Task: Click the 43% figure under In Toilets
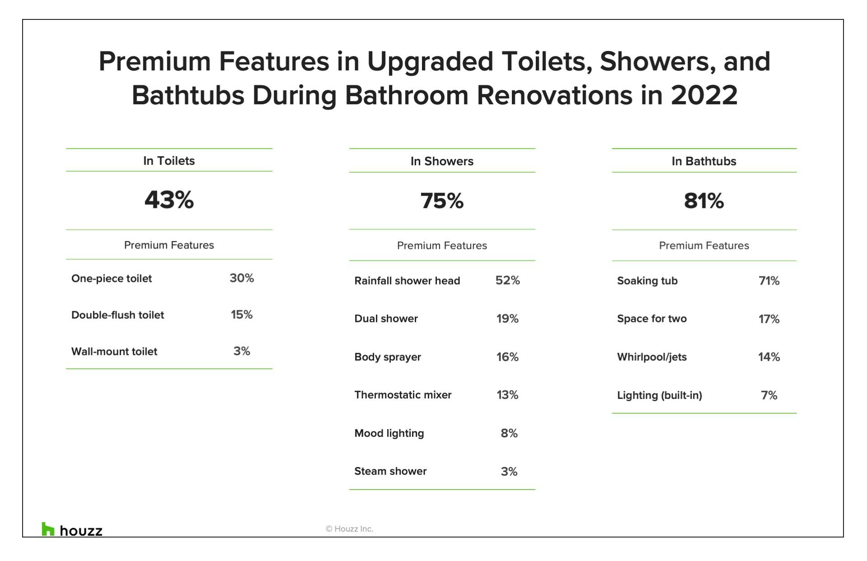pyautogui.click(x=169, y=200)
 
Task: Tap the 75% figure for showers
pyautogui.click(x=442, y=201)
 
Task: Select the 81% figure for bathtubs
pyautogui.click(x=703, y=201)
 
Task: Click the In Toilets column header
pyautogui.click(x=169, y=161)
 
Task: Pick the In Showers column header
pyautogui.click(x=442, y=161)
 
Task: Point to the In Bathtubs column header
pyautogui.click(x=703, y=161)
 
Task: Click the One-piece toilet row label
pyautogui.click(x=112, y=279)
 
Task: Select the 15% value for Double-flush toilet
pyautogui.click(x=242, y=315)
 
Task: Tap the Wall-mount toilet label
pyautogui.click(x=114, y=351)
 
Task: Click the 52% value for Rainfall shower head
pyautogui.click(x=507, y=280)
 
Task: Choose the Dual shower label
pyautogui.click(x=386, y=319)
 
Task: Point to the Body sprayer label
pyautogui.click(x=387, y=357)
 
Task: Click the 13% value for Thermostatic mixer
pyautogui.click(x=507, y=395)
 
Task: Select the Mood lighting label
pyautogui.click(x=389, y=433)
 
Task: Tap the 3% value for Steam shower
pyautogui.click(x=509, y=472)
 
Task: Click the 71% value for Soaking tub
pyautogui.click(x=769, y=281)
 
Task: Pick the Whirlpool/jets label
pyautogui.click(x=651, y=357)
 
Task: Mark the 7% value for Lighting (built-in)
pyautogui.click(x=769, y=395)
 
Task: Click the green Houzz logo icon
pyautogui.click(x=47, y=529)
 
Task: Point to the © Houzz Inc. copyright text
pyautogui.click(x=349, y=529)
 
